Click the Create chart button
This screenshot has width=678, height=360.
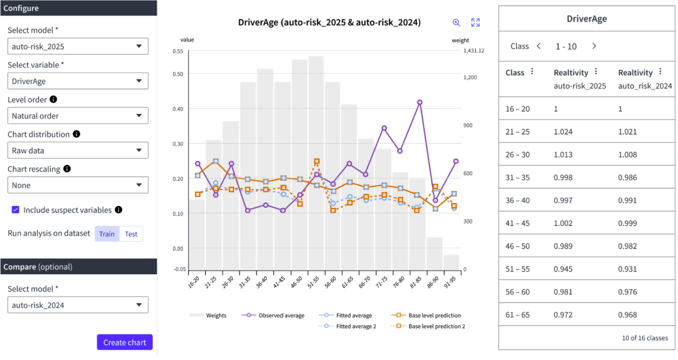[124, 342]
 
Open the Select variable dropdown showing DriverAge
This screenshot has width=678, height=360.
[78, 81]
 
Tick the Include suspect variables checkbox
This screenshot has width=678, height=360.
[16, 210]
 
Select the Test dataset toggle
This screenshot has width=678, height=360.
[131, 234]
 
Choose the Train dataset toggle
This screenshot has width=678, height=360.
[107, 234]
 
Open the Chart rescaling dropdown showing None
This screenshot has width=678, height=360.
[78, 185]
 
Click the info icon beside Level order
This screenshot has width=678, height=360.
[54, 100]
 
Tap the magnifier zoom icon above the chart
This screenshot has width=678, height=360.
[456, 22]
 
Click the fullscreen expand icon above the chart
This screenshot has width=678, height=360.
[475, 22]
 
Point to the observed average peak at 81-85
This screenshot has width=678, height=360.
[419, 102]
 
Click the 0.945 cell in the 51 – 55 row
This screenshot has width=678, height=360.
[563, 269]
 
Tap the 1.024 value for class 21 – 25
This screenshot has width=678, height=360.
[563, 132]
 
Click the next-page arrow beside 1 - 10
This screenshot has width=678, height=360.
[594, 46]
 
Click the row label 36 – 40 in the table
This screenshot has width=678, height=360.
[518, 200]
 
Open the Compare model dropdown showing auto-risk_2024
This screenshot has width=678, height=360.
[78, 305]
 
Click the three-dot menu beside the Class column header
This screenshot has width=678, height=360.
[532, 72]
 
